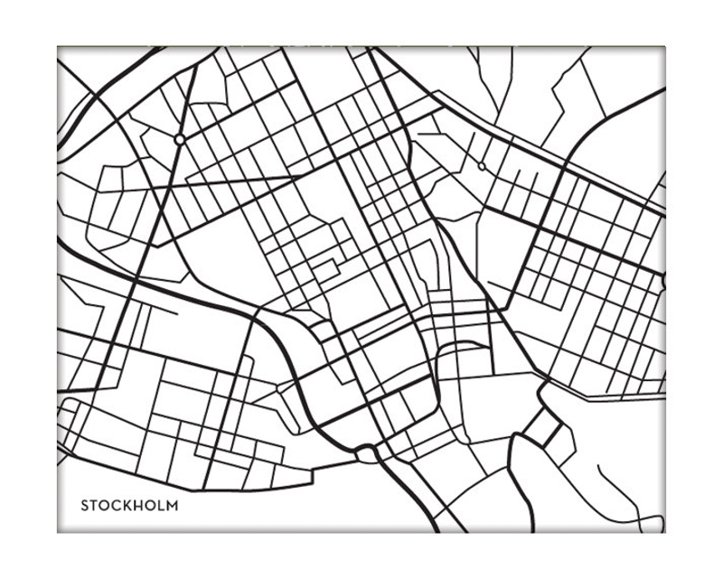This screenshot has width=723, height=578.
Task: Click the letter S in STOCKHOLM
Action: pos(85,505)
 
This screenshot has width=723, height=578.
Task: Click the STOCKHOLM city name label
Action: pos(128,505)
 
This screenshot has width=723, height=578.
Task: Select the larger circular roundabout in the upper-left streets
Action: pos(180,139)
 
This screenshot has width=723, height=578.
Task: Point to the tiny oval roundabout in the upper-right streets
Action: pos(481,166)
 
